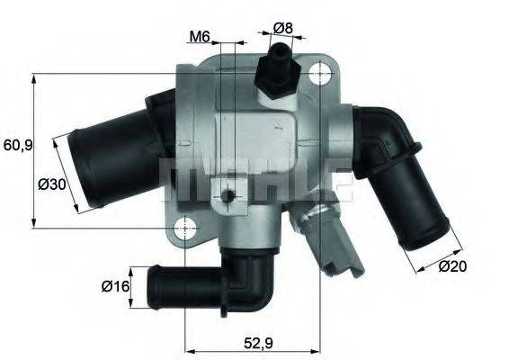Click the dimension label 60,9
pos(17,145)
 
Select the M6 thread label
pos(200,37)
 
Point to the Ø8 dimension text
pos(283,28)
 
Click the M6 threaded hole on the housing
pos(229,196)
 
